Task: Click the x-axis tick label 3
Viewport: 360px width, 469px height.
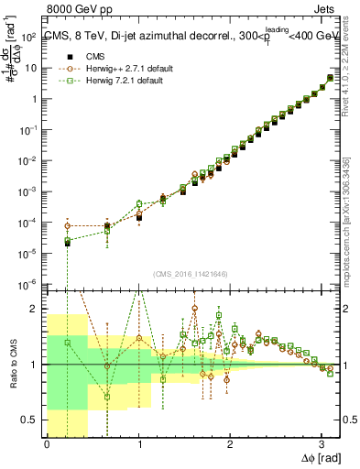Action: pyautogui.click(x=322, y=444)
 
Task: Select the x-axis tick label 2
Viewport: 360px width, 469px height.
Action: pyautogui.click(x=230, y=444)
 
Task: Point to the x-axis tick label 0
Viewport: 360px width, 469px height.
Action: pyautogui.click(x=47, y=444)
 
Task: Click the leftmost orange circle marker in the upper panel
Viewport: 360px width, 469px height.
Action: pyautogui.click(x=68, y=226)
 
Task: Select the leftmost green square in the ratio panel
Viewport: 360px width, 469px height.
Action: pyautogui.click(x=68, y=343)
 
